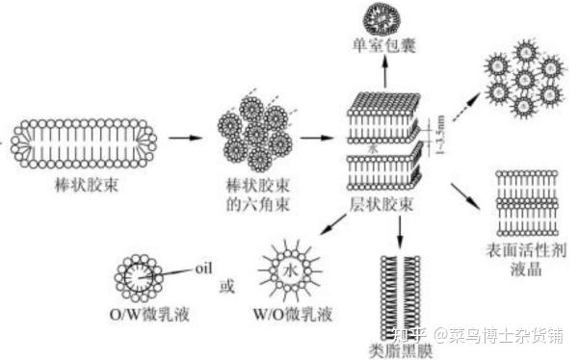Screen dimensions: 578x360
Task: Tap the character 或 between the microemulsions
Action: [x=227, y=286]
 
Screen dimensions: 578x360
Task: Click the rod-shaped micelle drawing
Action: [x=86, y=139]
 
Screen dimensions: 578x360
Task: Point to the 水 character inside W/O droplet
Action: [x=292, y=270]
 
